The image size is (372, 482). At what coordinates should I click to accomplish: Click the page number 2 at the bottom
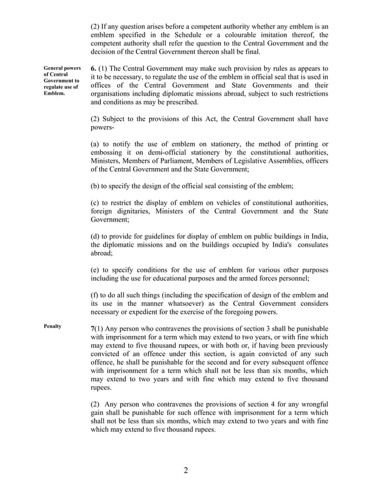pyautogui.click(x=185, y=471)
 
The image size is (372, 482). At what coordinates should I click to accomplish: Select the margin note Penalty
pyautogui.click(x=52, y=326)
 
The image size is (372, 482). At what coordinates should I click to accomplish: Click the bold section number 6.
pyautogui.click(x=94, y=68)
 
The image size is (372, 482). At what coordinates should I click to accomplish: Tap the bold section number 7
pyautogui.click(x=93, y=329)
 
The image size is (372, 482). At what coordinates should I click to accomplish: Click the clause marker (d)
pyautogui.click(x=97, y=236)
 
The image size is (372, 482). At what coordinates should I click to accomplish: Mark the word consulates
pyautogui.click(x=310, y=245)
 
